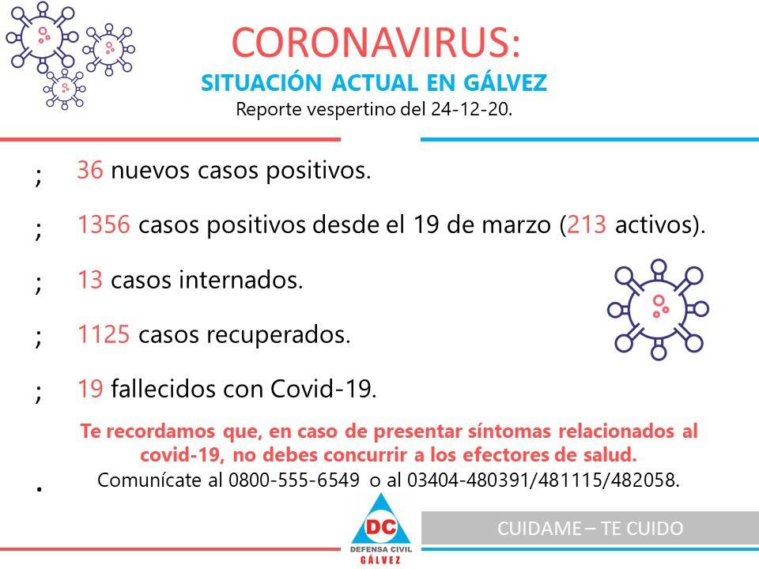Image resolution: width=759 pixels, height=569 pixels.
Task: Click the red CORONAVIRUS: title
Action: tap(376, 43)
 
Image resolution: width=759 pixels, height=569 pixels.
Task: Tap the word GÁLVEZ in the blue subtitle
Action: tap(505, 82)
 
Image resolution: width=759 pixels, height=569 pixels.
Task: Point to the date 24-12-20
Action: tap(471, 109)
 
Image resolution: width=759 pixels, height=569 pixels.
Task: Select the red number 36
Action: tap(90, 171)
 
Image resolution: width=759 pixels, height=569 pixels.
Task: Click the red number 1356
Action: tap(104, 225)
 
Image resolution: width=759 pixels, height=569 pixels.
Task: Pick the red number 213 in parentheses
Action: tap(586, 225)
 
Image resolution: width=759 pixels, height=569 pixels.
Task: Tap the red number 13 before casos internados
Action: tap(90, 280)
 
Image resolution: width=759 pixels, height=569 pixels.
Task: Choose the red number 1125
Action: tap(104, 334)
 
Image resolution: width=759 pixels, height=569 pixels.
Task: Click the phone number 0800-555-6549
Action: tap(294, 480)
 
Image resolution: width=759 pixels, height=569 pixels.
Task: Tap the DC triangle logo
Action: tap(381, 519)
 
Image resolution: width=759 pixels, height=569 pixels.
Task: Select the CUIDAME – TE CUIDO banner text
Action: tap(590, 529)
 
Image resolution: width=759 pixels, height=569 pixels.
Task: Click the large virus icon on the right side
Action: tap(659, 309)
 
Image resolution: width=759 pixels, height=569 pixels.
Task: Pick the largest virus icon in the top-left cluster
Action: tap(42, 37)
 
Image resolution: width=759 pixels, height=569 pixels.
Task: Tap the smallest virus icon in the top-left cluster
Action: tap(64, 89)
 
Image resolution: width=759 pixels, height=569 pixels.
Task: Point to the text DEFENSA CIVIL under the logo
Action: tap(381, 550)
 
